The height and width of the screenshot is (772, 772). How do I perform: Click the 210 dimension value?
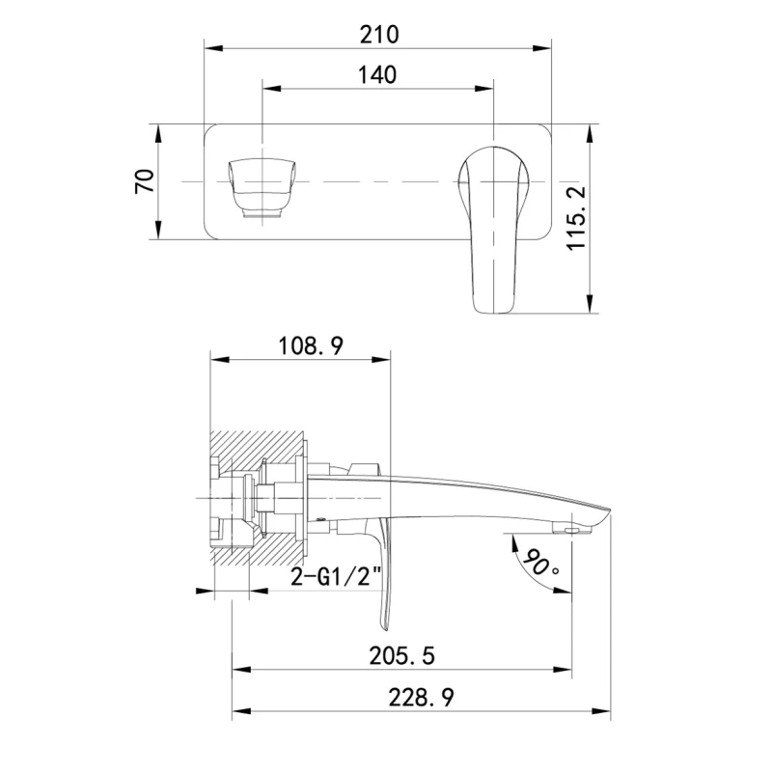pyautogui.click(x=378, y=35)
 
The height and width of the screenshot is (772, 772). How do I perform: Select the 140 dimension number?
pyautogui.click(x=377, y=75)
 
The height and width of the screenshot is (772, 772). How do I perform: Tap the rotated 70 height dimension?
pyautogui.click(x=145, y=181)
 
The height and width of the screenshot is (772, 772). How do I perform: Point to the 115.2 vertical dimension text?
pyautogui.click(x=576, y=218)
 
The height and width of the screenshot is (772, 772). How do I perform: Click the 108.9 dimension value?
pyautogui.click(x=311, y=345)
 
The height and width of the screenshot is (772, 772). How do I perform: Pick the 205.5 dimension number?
pyautogui.click(x=401, y=656)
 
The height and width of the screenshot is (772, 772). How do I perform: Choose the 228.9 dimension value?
pyautogui.click(x=422, y=697)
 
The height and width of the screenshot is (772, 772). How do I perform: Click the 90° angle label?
pyautogui.click(x=540, y=562)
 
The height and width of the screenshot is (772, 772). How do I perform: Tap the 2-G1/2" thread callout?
pyautogui.click(x=336, y=576)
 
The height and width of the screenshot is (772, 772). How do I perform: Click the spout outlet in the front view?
pyautogui.click(x=262, y=189)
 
